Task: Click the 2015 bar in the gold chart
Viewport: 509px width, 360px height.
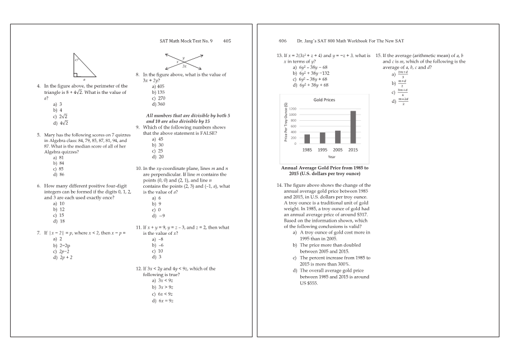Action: [x=353, y=127]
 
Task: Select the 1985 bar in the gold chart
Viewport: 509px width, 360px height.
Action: [x=307, y=139]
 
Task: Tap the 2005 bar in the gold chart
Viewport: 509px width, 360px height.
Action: [x=338, y=137]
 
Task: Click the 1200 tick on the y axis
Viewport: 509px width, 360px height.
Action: [x=293, y=108]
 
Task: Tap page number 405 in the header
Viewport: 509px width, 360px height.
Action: [x=227, y=41]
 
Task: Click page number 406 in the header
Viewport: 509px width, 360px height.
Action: [x=282, y=41]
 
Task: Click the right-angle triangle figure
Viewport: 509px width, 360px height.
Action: [x=84, y=67]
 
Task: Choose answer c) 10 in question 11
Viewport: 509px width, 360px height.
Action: [x=158, y=251]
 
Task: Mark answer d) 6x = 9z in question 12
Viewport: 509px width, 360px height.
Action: [x=162, y=301]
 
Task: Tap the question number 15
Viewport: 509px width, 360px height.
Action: [x=379, y=55]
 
